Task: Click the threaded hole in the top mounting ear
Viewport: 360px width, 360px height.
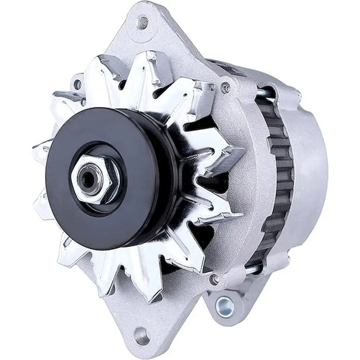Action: (142, 23)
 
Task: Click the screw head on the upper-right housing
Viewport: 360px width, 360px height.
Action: (225, 87)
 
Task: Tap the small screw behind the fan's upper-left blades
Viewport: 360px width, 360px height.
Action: (79, 84)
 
